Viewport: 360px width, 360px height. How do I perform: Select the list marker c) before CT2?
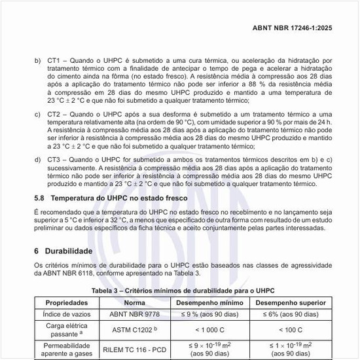[x=37, y=115]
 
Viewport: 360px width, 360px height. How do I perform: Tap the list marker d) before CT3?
[x=37, y=160]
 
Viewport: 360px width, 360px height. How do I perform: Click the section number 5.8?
[x=39, y=198]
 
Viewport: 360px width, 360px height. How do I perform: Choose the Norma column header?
[x=134, y=303]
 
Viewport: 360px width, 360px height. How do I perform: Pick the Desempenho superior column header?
[x=291, y=303]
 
